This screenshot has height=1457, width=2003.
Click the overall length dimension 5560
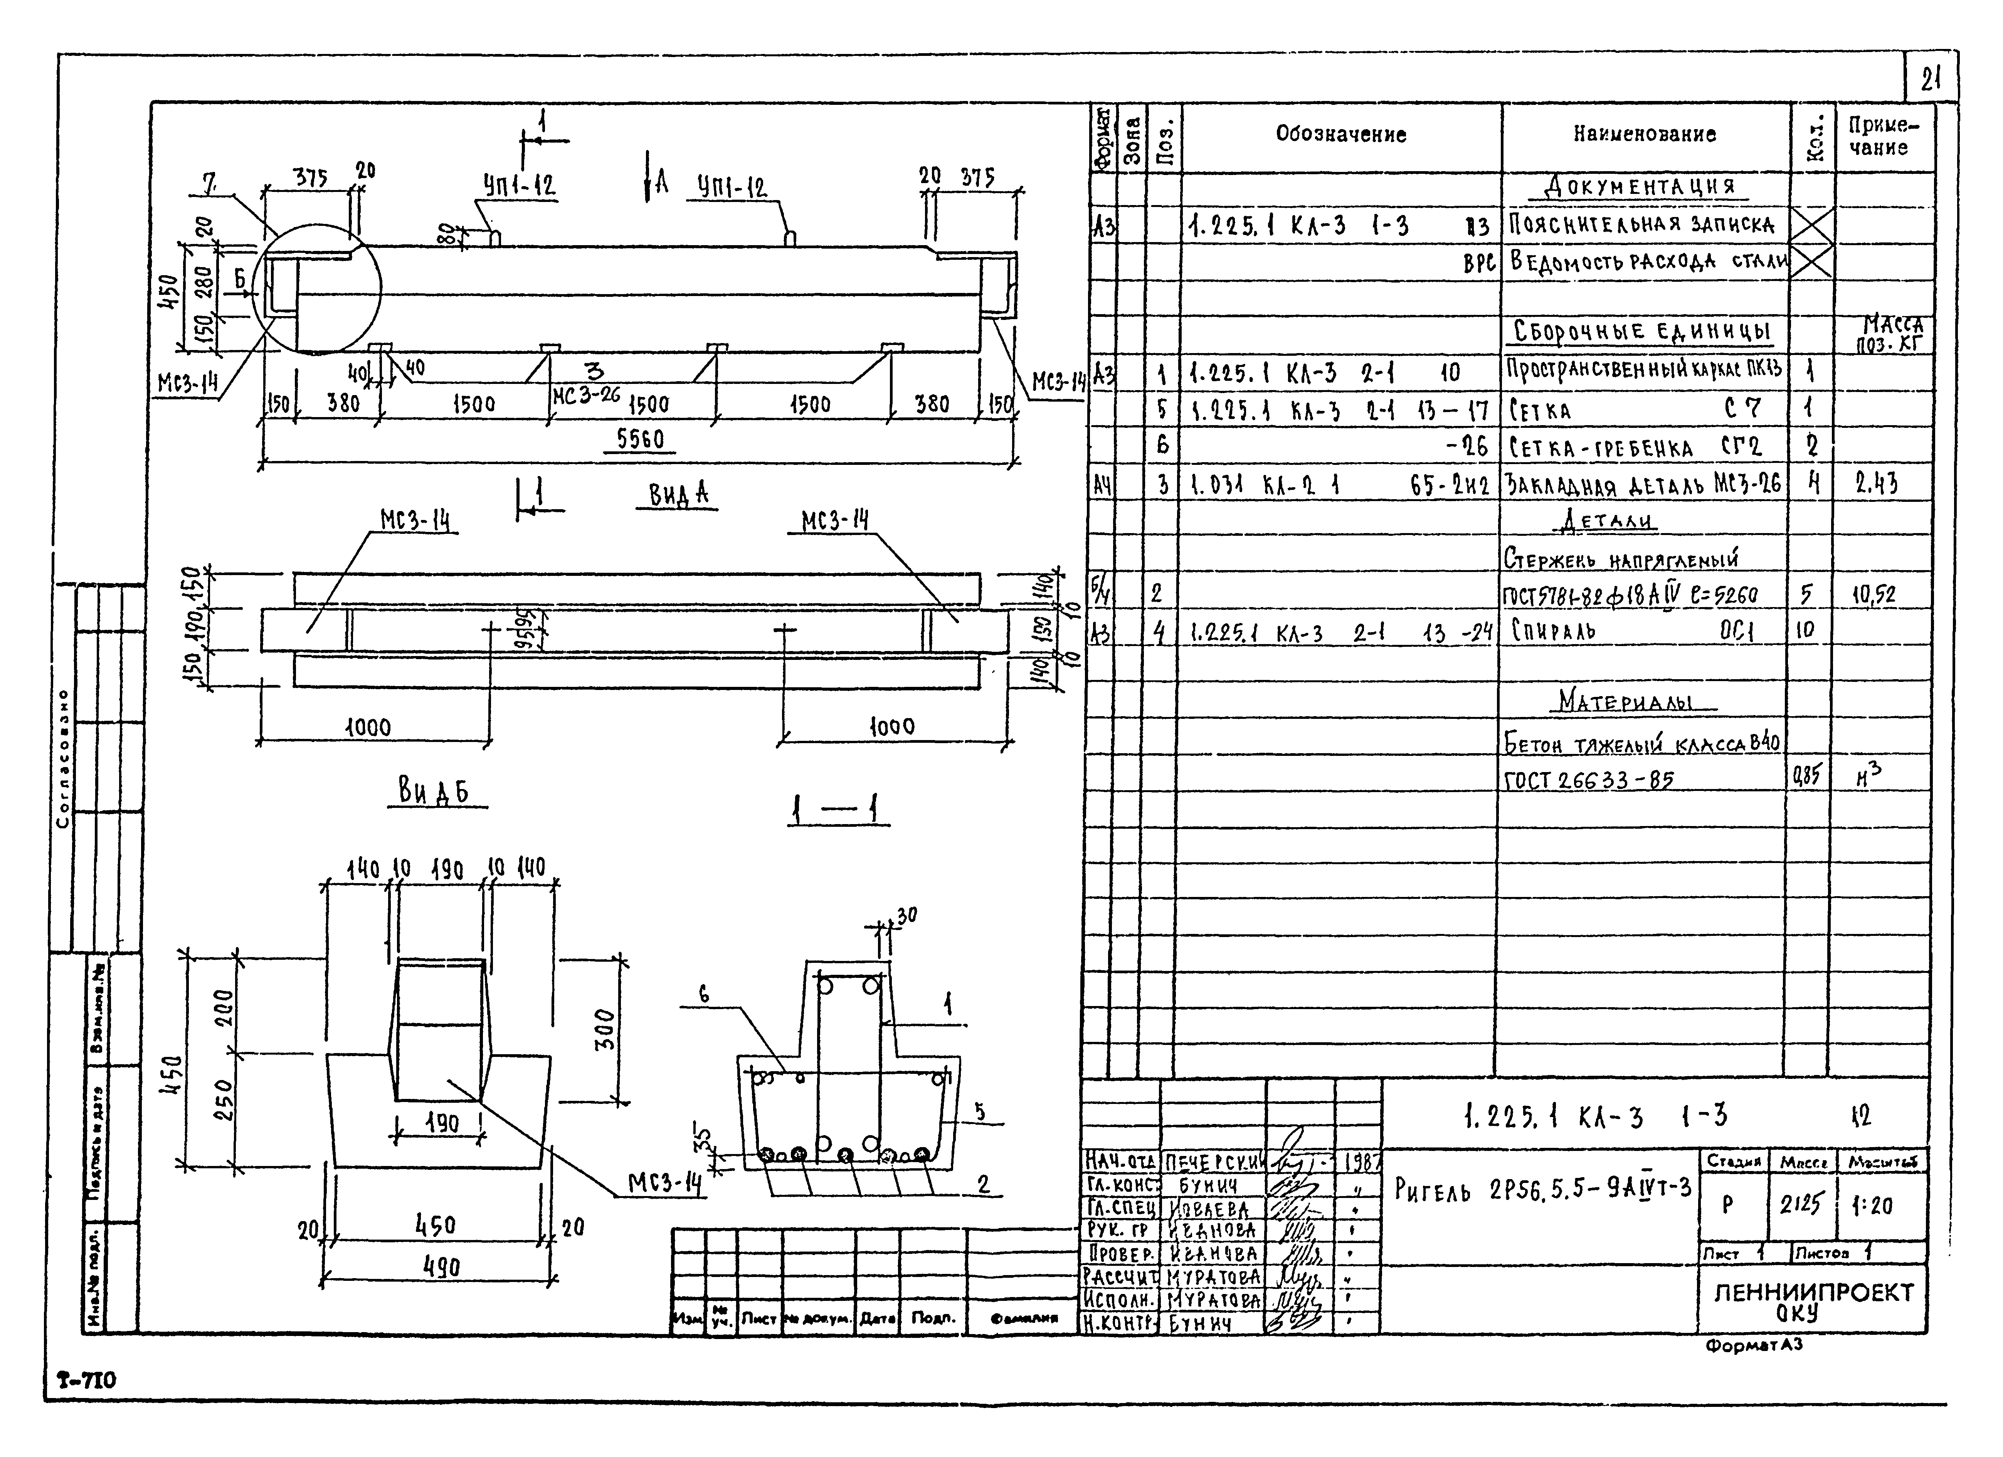click(x=640, y=439)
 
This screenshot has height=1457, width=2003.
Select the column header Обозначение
click(x=1340, y=134)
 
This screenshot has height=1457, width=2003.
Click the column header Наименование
click(x=1645, y=134)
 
